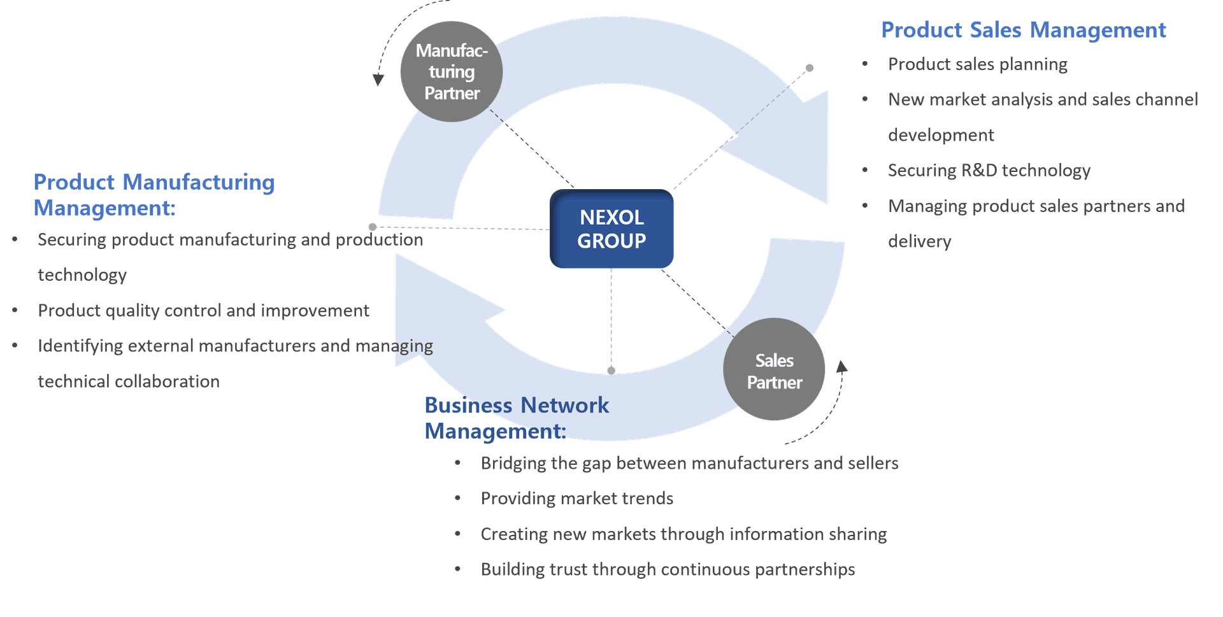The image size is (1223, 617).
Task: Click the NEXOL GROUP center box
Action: [611, 229]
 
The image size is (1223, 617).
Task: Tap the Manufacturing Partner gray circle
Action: [451, 71]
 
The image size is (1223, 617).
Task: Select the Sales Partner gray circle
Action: [774, 370]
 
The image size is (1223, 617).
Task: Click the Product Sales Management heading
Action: [1023, 30]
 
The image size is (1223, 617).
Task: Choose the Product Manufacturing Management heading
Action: [154, 194]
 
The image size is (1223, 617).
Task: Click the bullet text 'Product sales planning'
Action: [977, 64]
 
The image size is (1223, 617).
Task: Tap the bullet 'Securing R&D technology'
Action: [989, 170]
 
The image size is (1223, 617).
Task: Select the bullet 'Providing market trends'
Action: [577, 498]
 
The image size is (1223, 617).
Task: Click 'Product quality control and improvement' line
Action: [203, 310]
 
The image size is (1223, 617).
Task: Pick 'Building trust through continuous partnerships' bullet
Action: [668, 569]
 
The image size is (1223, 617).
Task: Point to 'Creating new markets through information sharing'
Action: [683, 534]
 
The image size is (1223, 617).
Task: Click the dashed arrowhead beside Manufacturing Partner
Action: [378, 80]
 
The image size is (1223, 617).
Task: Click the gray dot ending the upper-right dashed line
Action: [810, 67]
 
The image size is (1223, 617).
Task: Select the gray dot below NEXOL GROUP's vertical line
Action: [611, 370]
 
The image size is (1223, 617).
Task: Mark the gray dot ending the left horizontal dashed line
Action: [372, 227]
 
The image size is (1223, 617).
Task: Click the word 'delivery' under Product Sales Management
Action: [919, 241]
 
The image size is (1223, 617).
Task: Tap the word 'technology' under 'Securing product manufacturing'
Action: [82, 274]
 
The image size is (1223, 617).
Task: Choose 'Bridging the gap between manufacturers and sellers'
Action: [689, 463]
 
